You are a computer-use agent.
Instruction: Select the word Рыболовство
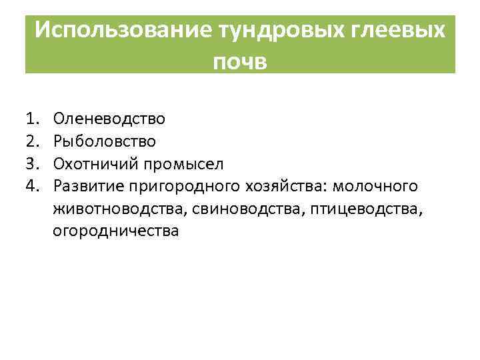point(105,141)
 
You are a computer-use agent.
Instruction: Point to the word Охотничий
point(92,163)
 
